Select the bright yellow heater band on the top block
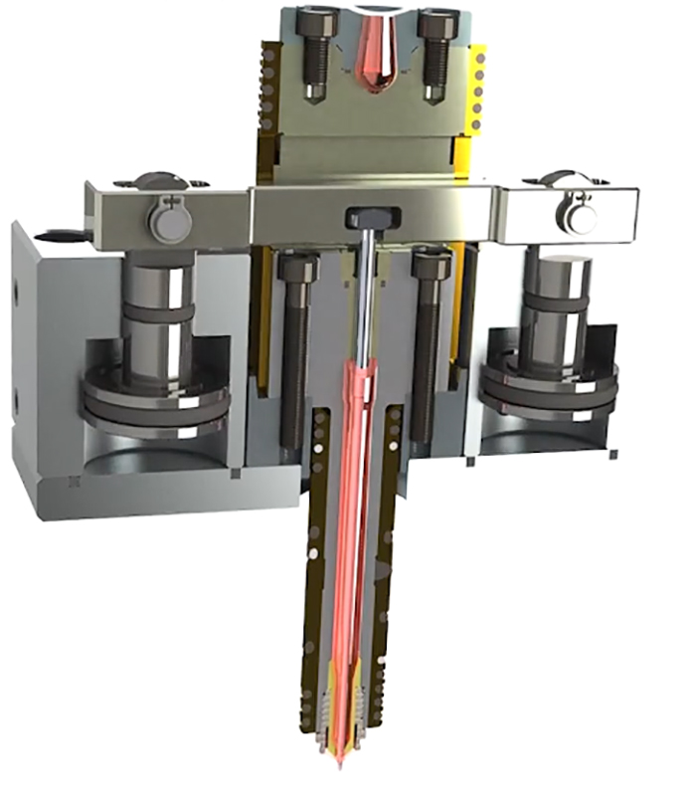click(x=477, y=90)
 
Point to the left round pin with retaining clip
click(x=169, y=222)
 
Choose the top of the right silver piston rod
click(x=557, y=264)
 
